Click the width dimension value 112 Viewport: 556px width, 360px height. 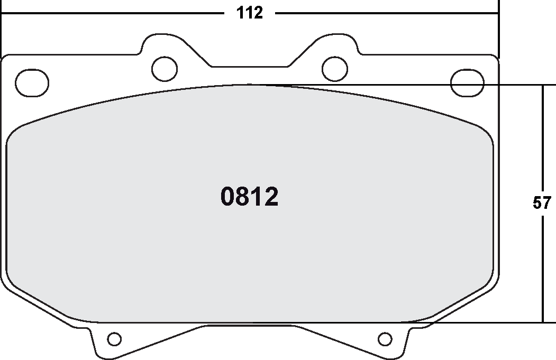[x=250, y=13]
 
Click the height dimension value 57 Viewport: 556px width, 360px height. [x=542, y=204]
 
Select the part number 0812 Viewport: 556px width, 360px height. [x=249, y=198]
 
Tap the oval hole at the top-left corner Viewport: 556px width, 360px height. [x=32, y=82]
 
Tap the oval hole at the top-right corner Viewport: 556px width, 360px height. [x=468, y=82]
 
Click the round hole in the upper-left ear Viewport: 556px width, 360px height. [x=165, y=67]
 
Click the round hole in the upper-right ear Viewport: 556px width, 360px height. [x=335, y=67]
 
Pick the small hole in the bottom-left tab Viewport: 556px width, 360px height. [x=114, y=338]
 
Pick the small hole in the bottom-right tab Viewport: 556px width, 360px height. [x=386, y=338]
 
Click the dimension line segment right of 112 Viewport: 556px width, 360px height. [x=386, y=13]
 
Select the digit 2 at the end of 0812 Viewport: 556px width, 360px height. [x=271, y=198]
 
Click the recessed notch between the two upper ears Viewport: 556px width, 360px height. [x=250, y=67]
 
